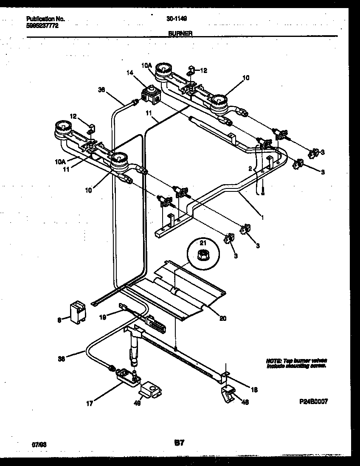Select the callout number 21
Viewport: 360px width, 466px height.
click(202, 243)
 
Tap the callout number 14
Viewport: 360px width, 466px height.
click(130, 73)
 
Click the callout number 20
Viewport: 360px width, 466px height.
click(223, 318)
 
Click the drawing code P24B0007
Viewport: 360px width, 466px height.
click(313, 401)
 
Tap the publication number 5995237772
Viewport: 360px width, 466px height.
click(42, 25)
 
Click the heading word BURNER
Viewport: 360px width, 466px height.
click(180, 33)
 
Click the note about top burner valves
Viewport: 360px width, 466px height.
click(296, 363)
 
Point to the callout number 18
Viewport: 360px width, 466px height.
click(254, 390)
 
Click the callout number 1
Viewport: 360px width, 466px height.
click(262, 218)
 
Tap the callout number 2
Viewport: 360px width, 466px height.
click(250, 168)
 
